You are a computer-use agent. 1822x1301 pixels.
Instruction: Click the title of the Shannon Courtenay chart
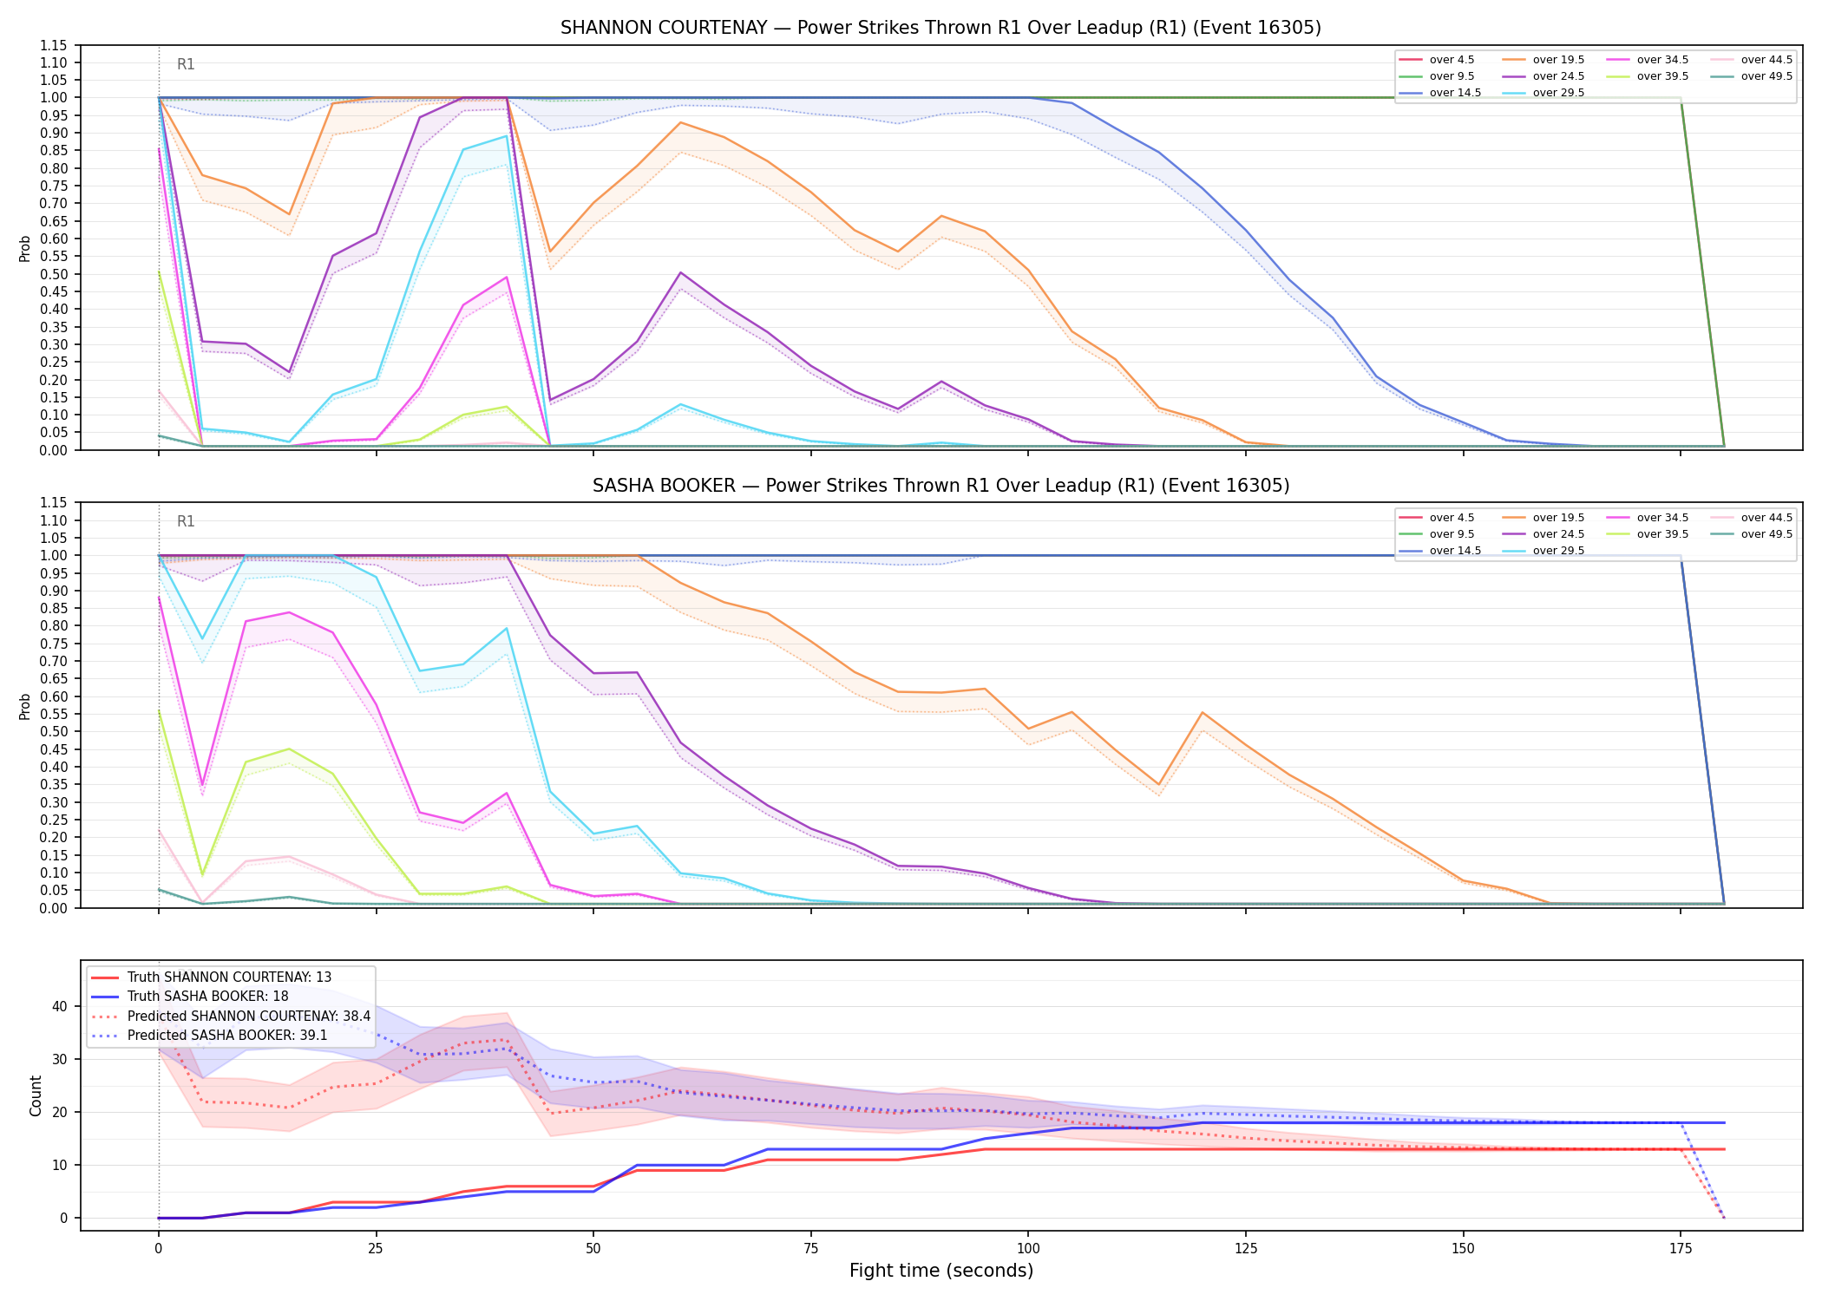(940, 28)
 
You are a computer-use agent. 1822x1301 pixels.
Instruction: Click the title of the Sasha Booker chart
(940, 486)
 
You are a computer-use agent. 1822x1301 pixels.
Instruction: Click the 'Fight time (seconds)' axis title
(941, 1271)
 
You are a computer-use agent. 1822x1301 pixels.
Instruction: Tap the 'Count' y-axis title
(36, 1095)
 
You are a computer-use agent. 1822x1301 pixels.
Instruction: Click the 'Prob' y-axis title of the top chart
(25, 248)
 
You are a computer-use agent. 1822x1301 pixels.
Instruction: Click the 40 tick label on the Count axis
(60, 1007)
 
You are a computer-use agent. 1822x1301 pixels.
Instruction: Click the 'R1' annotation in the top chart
(186, 64)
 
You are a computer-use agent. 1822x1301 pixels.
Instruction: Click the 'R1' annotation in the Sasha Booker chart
(186, 521)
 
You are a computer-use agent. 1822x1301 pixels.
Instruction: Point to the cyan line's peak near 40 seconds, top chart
(507, 136)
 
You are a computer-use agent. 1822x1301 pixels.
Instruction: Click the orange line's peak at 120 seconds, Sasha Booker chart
(1203, 713)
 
